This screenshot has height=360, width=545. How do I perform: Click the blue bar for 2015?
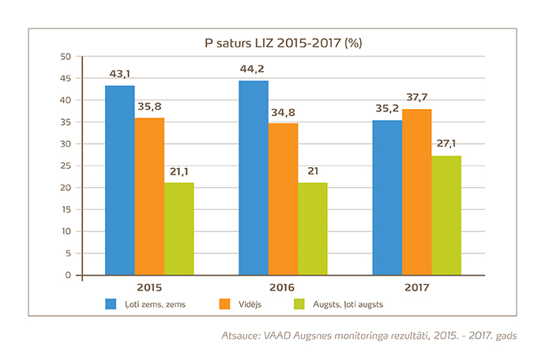pos(119,180)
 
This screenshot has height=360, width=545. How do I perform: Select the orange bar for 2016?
pos(283,199)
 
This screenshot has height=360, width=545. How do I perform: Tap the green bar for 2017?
pos(445,216)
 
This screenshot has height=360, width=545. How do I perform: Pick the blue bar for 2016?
pos(254,178)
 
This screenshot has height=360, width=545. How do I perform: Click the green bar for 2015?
pos(179,229)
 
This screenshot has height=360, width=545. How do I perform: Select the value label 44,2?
pos(253,69)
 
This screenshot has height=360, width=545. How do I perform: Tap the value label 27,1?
pos(446,144)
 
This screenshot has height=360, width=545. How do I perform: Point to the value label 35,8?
pos(149,107)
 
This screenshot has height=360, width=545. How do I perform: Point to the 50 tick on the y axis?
pos(66,57)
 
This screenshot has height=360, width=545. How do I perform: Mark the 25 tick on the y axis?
pos(66,166)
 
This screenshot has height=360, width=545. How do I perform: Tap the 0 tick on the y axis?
pos(69,276)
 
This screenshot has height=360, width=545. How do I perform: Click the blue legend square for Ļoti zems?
pos(112,304)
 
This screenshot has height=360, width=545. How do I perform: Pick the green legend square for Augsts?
pos(299,304)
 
